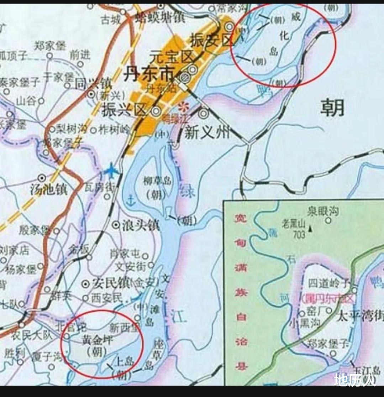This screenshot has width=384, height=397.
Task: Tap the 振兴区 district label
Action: point(125,110)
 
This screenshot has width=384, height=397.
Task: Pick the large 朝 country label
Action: point(332,107)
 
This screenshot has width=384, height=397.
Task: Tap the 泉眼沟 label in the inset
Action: point(323,211)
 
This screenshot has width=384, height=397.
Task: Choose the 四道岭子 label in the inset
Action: point(329,283)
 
